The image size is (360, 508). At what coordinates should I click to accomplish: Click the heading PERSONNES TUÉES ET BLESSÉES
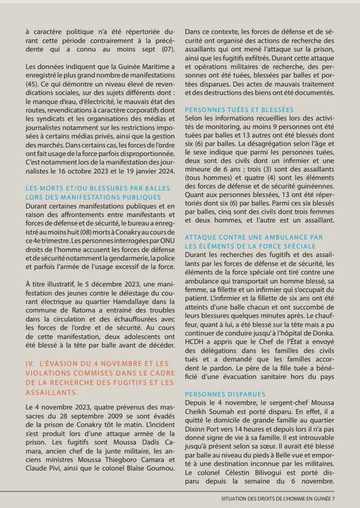coord(239,110)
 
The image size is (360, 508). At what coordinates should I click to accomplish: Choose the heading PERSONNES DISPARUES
coord(225,394)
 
